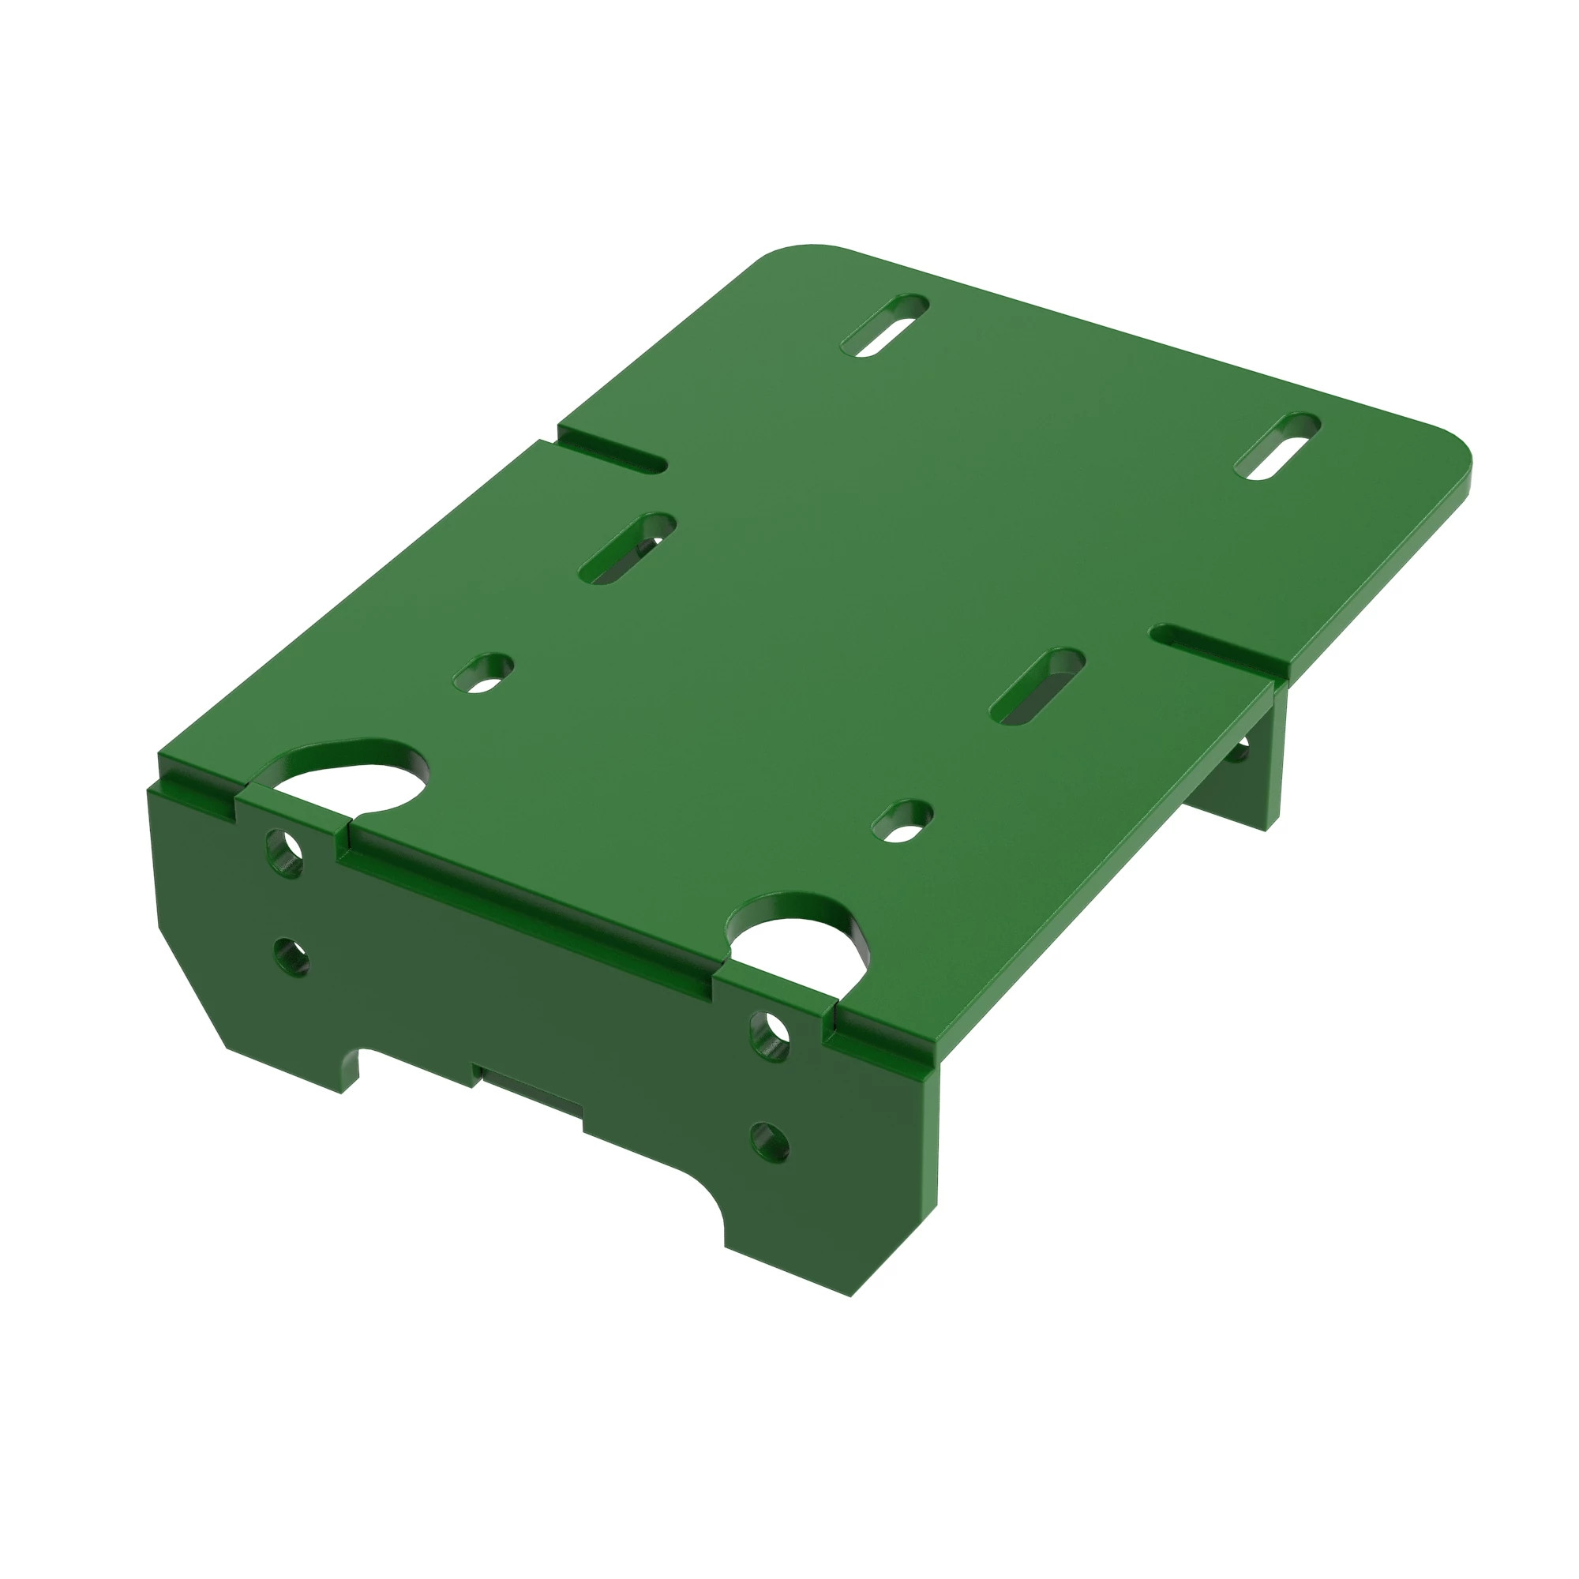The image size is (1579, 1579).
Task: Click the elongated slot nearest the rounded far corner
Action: [x=885, y=324]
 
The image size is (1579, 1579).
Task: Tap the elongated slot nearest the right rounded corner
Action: [x=1277, y=445]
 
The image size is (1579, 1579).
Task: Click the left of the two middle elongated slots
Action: [x=628, y=549]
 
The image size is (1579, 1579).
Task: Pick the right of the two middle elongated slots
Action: [x=1037, y=687]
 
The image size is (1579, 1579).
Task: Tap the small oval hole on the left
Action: [x=484, y=672]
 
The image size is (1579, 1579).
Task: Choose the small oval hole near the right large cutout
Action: [x=903, y=820]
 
